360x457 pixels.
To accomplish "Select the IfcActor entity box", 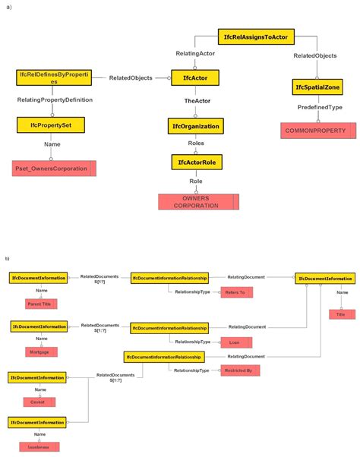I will [x=195, y=77].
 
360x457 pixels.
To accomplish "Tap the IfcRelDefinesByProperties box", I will [x=52, y=77].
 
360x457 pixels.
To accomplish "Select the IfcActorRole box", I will [x=195, y=162].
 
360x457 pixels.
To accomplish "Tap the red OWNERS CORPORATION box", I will [x=198, y=202].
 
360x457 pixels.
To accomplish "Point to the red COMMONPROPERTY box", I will [x=318, y=131].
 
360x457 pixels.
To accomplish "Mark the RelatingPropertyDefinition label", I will [x=55, y=99].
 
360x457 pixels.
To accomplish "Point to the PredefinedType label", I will [x=319, y=109].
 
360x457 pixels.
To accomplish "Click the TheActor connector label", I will [x=196, y=102].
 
